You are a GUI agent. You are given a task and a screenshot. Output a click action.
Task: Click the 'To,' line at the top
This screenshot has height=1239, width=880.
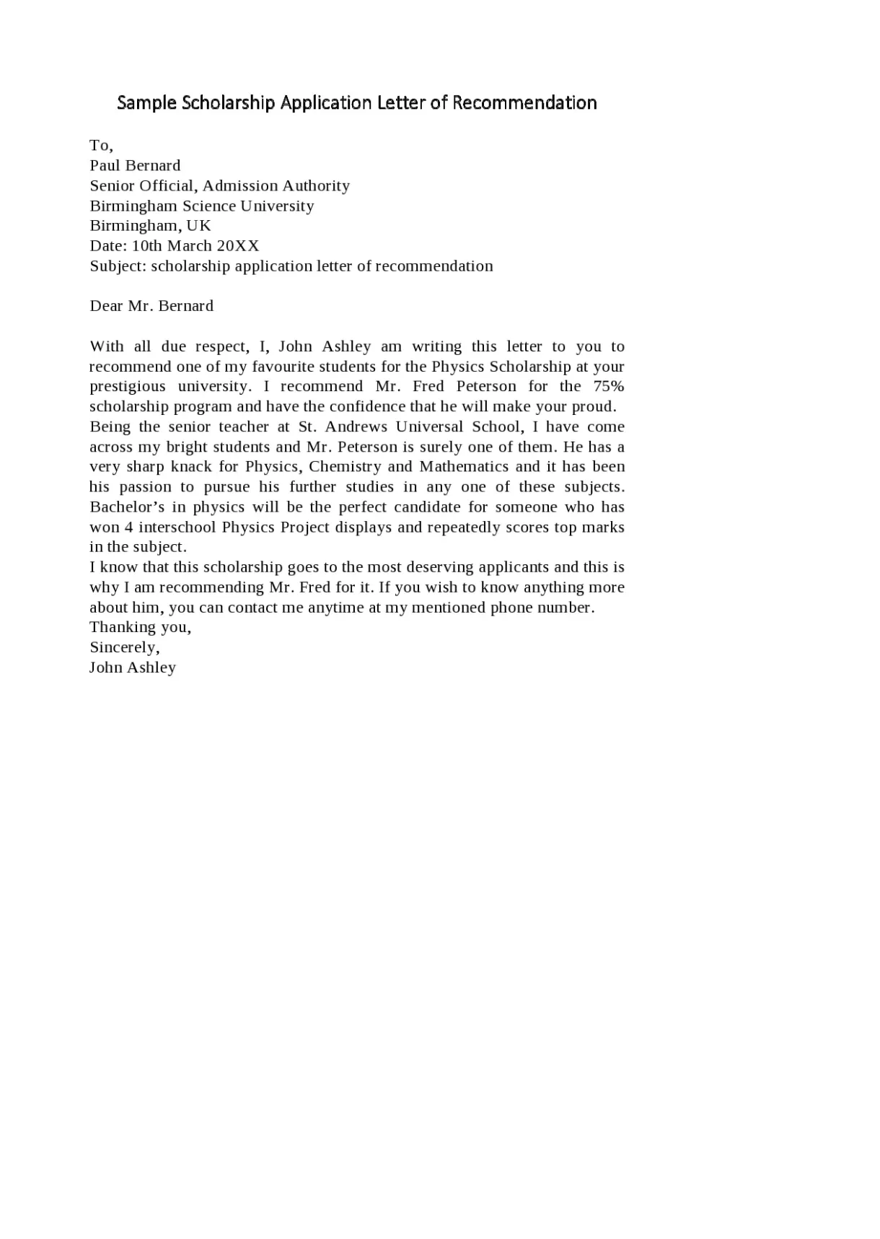[101, 146]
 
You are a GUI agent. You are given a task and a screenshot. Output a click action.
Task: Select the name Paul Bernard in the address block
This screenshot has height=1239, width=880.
[135, 165]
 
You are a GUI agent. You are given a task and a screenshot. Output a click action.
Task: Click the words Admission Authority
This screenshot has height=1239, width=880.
[276, 185]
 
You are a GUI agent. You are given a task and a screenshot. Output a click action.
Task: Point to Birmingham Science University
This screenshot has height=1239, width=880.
[202, 206]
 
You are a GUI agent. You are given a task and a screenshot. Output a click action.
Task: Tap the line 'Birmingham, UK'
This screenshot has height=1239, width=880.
[150, 225]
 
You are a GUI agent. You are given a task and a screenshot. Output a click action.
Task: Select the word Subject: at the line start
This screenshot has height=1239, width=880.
[118, 266]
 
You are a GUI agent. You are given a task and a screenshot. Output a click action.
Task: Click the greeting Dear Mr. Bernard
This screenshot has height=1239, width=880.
[151, 306]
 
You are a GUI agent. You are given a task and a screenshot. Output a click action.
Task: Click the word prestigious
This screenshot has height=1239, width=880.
[128, 386]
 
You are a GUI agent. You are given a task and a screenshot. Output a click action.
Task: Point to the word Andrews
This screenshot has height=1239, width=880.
[356, 426]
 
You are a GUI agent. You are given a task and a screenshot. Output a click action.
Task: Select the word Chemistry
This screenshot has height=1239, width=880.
[345, 466]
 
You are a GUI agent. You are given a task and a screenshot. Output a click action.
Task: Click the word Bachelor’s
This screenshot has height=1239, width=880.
[127, 507]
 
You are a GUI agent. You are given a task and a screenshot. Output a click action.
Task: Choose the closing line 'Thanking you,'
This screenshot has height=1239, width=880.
[140, 627]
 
